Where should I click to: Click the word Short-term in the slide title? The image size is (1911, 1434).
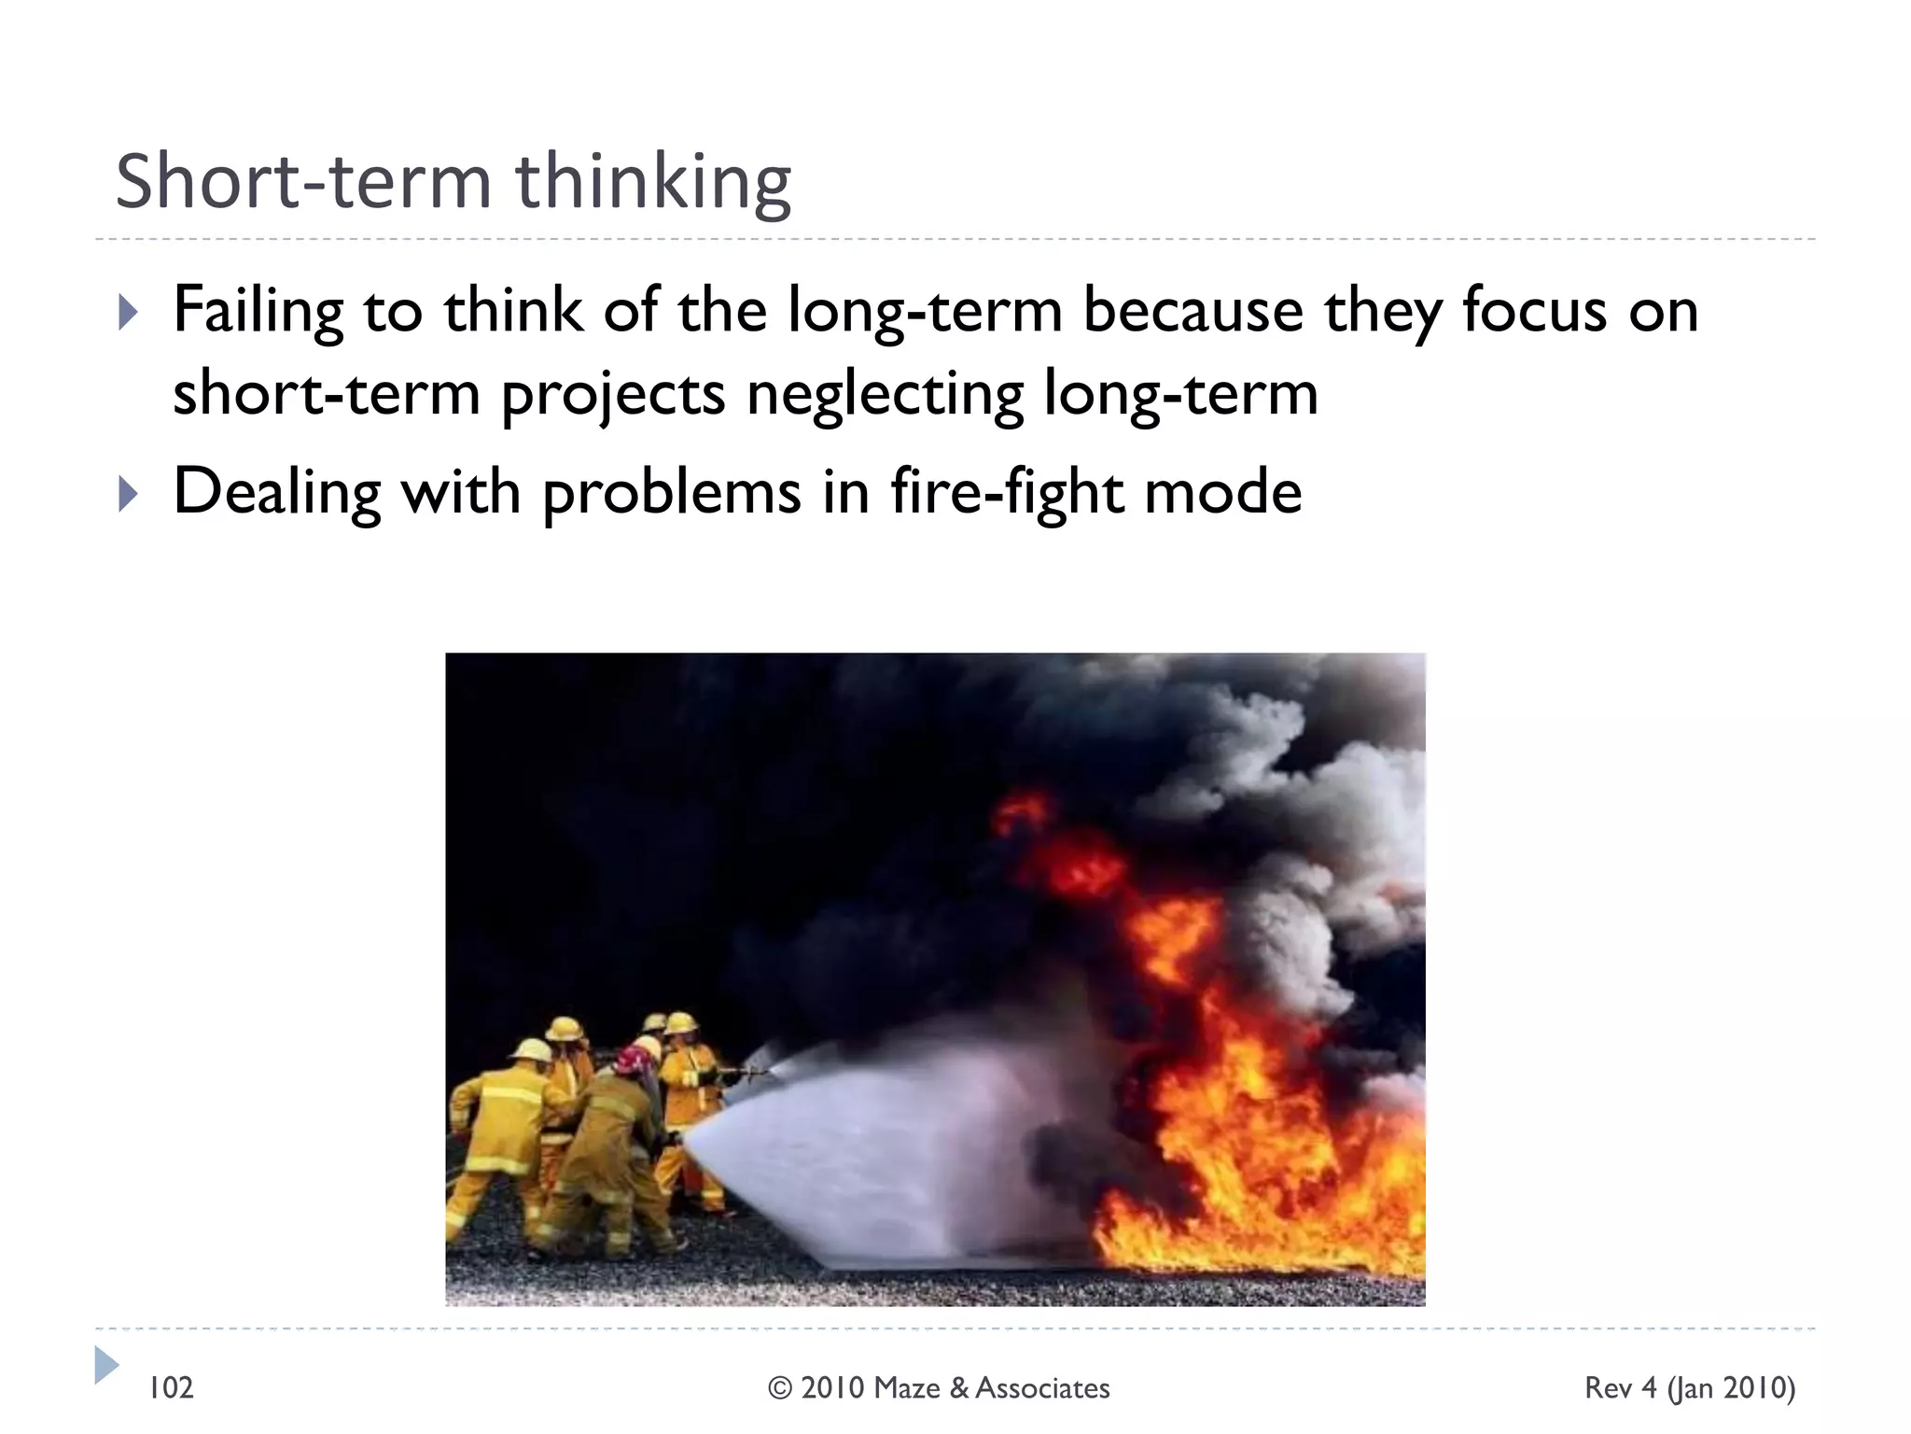[302, 181]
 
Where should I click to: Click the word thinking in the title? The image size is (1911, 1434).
[653, 183]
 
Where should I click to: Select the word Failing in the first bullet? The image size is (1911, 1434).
[258, 312]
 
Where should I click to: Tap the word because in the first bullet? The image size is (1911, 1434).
[1192, 310]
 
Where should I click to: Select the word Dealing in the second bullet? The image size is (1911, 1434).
[277, 493]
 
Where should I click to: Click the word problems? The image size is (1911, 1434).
[671, 493]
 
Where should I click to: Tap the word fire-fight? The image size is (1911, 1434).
[1006, 493]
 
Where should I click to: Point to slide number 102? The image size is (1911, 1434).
[172, 1388]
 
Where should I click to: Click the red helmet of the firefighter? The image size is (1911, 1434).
[633, 1061]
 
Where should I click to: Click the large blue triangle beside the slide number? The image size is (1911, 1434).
[106, 1365]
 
